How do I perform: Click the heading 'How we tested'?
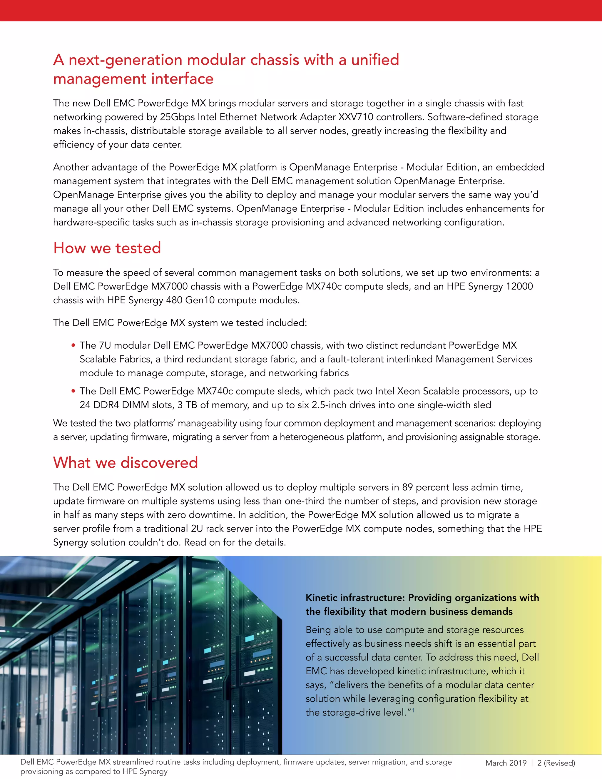[x=107, y=248]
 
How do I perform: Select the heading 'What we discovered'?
[x=125, y=462]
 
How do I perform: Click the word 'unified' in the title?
[x=375, y=60]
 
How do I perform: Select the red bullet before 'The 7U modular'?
[x=73, y=345]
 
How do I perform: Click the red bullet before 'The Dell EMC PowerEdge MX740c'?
[x=73, y=391]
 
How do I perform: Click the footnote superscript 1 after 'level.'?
[x=413, y=710]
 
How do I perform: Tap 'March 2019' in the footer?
[x=506, y=763]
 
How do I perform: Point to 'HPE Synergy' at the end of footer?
[x=147, y=772]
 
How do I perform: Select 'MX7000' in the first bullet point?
[x=269, y=345]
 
